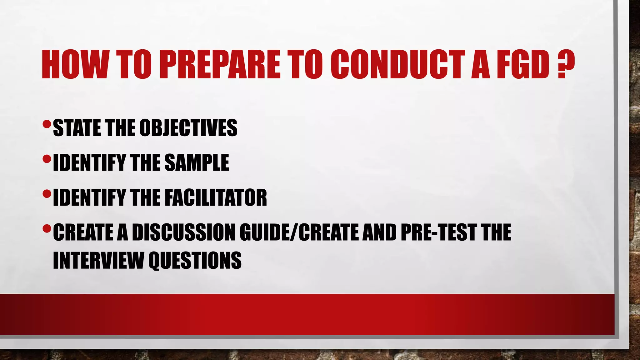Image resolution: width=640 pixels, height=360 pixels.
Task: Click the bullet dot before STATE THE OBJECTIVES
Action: tap(46, 125)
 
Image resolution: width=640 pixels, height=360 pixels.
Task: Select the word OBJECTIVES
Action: tap(188, 128)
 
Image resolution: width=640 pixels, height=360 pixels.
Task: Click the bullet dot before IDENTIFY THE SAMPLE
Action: tap(46, 160)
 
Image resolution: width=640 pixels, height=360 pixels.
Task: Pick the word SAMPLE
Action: tap(197, 162)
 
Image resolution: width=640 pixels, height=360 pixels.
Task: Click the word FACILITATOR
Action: tap(216, 197)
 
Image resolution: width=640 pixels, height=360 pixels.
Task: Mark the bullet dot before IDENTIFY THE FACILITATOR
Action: tap(46, 194)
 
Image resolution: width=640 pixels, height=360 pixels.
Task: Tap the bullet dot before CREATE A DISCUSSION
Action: tap(46, 229)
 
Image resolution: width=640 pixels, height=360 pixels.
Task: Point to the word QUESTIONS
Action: tap(195, 260)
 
